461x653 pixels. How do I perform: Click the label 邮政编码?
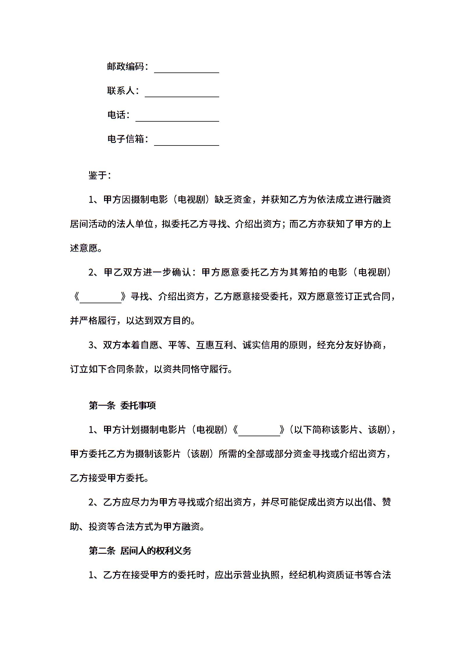pyautogui.click(x=126, y=67)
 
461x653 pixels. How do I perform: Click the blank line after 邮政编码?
pyautogui.click(x=186, y=69)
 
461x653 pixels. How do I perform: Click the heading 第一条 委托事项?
pyautogui.click(x=122, y=405)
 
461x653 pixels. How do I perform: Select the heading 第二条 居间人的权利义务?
pyautogui.click(x=140, y=551)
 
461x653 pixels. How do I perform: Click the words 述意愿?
pyautogui.click(x=84, y=248)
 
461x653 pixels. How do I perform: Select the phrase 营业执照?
pyautogui.click(x=261, y=575)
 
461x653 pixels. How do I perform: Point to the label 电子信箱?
pyautogui.click(x=126, y=139)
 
